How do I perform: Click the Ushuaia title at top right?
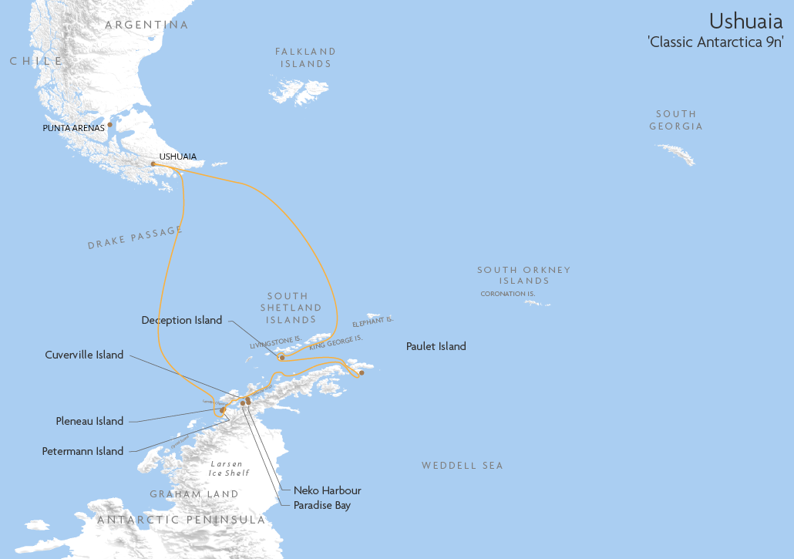tap(745, 20)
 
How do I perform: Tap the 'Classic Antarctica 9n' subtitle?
tap(716, 42)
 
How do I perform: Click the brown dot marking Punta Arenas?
tap(109, 124)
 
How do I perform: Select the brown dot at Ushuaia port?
tap(153, 163)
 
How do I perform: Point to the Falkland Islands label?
tap(306, 58)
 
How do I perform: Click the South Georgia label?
tap(676, 120)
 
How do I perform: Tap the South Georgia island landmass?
tap(676, 154)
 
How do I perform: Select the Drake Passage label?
tap(135, 237)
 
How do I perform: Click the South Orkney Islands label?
tap(523, 275)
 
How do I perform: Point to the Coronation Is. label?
tap(507, 294)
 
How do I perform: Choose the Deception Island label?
tap(182, 320)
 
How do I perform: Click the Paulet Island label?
tap(436, 347)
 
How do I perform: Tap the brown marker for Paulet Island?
tap(362, 373)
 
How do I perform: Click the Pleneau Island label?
tap(89, 421)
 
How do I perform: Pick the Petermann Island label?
tap(82, 451)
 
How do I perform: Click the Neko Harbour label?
tap(327, 490)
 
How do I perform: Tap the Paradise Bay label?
tap(321, 506)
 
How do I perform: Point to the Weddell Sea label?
tap(462, 466)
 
